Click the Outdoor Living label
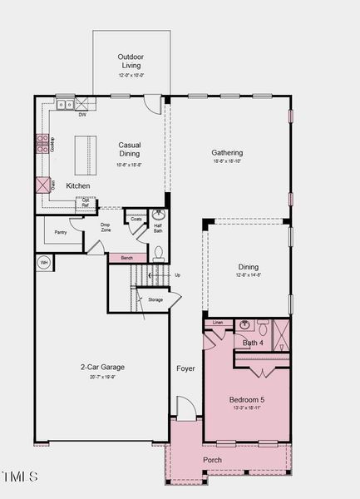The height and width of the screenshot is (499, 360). (x=131, y=61)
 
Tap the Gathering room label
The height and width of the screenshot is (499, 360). (x=227, y=153)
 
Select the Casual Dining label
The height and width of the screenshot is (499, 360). (x=130, y=149)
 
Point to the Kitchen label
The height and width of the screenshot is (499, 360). (x=78, y=185)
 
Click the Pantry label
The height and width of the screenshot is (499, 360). (x=60, y=233)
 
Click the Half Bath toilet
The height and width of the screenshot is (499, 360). (x=159, y=252)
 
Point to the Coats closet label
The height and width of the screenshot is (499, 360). (x=136, y=220)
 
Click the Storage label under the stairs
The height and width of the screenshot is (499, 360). (x=155, y=299)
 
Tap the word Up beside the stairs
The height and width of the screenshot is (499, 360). (x=176, y=274)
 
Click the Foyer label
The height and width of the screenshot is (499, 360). (x=185, y=368)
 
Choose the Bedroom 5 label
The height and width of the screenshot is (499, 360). (x=247, y=400)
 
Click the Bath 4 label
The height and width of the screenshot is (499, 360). (x=253, y=343)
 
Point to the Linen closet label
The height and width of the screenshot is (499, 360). (x=217, y=322)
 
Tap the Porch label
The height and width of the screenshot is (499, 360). (x=213, y=460)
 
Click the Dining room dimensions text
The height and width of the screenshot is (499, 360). (x=249, y=275)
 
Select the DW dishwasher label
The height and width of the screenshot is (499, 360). (x=82, y=115)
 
